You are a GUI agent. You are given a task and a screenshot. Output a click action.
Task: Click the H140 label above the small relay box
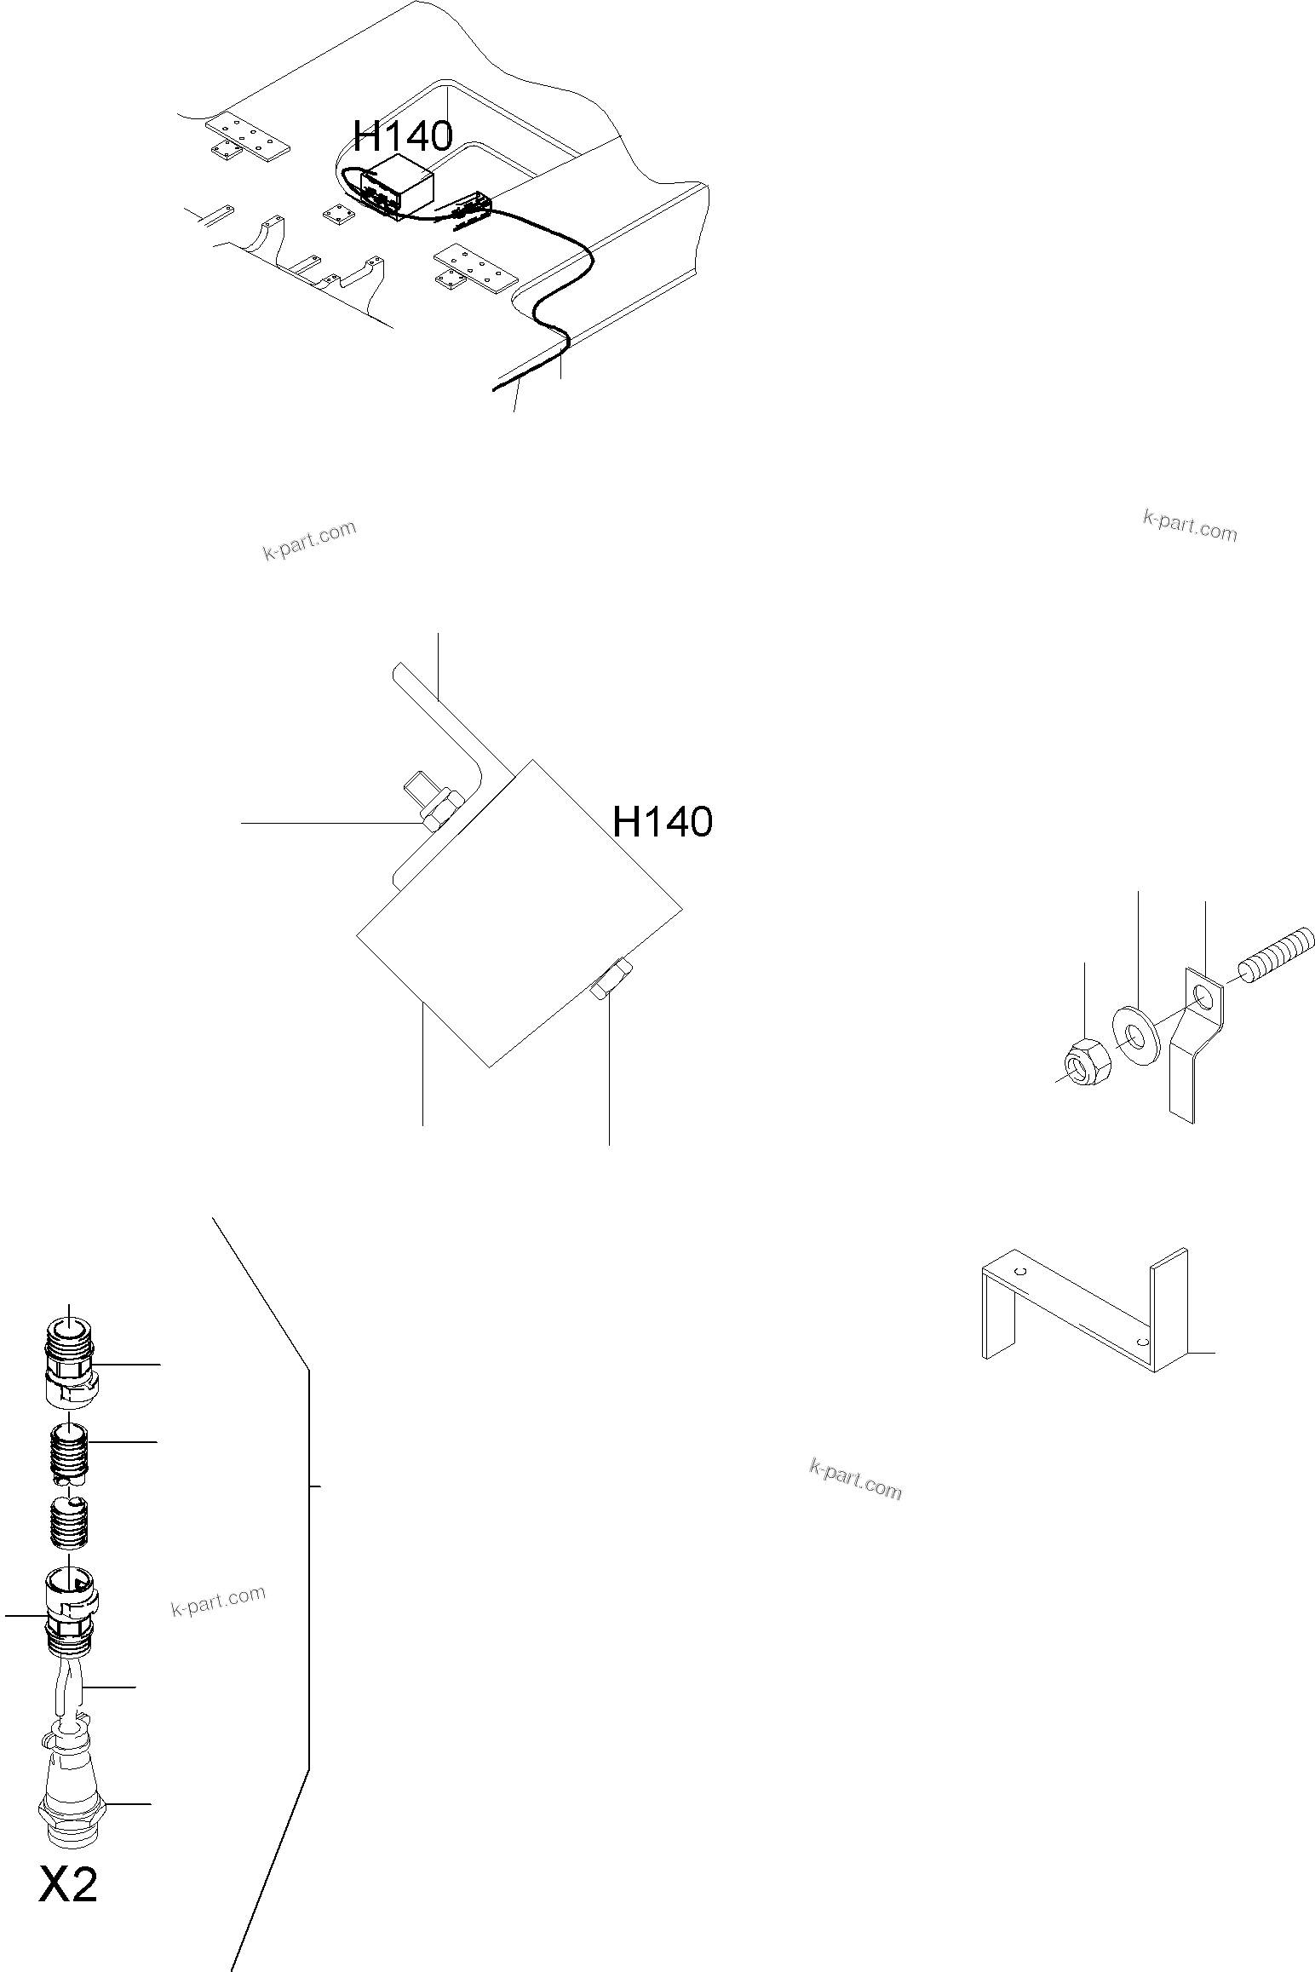pos(403,135)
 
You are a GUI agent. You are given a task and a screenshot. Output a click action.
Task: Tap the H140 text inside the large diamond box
pos(662,822)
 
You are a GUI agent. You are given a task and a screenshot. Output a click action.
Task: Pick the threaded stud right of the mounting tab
pos(1277,954)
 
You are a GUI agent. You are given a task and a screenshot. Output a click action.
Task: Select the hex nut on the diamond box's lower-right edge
pos(611,979)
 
